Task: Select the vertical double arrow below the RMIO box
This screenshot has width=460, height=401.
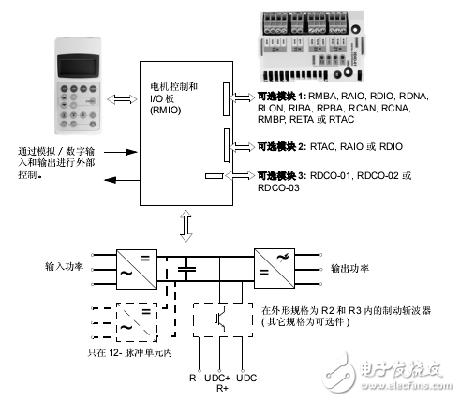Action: [x=186, y=222]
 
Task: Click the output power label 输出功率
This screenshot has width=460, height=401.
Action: [x=350, y=267]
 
